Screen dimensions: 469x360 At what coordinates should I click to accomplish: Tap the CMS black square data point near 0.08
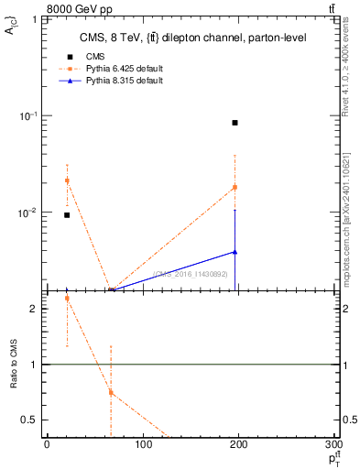click(x=235, y=123)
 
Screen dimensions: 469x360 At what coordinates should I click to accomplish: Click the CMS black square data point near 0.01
click(x=67, y=215)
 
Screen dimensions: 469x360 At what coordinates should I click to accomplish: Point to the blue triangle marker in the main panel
click(x=235, y=252)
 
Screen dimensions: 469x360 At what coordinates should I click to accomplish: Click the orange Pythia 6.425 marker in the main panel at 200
click(x=235, y=187)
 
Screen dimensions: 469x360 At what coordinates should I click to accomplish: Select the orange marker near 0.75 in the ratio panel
click(x=111, y=392)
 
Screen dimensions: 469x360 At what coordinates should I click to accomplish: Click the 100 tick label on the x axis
click(x=143, y=446)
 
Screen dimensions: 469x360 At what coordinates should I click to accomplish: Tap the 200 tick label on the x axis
click(x=240, y=446)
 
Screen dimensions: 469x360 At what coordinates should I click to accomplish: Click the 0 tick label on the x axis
click(x=47, y=446)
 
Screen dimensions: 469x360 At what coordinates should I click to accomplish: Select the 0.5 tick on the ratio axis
click(x=32, y=420)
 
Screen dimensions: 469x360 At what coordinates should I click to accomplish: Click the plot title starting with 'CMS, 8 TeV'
click(x=192, y=38)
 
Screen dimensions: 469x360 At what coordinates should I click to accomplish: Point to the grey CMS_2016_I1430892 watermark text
click(x=193, y=273)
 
